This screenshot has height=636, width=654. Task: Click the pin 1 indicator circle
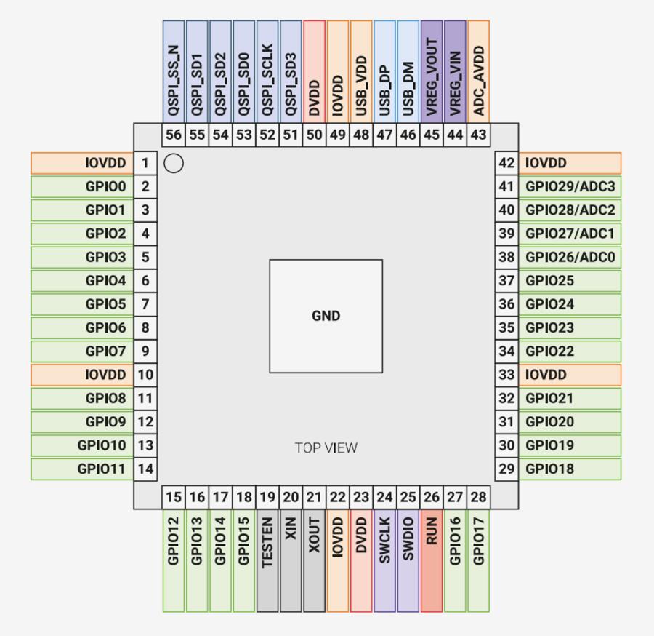click(173, 164)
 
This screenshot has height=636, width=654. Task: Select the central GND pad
click(326, 316)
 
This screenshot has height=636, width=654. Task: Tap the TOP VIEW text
click(326, 448)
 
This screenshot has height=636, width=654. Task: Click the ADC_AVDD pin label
click(478, 80)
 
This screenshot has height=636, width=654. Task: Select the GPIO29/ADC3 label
click(570, 187)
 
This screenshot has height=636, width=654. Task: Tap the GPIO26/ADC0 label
click(570, 257)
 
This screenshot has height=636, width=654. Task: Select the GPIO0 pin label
click(106, 187)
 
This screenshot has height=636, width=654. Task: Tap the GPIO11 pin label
click(102, 469)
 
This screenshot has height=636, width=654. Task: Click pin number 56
click(174, 135)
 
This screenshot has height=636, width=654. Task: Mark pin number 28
click(478, 498)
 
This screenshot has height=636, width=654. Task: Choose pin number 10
click(145, 375)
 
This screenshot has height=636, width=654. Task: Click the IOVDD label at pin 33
click(545, 375)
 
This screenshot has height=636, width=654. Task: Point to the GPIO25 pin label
click(550, 281)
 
